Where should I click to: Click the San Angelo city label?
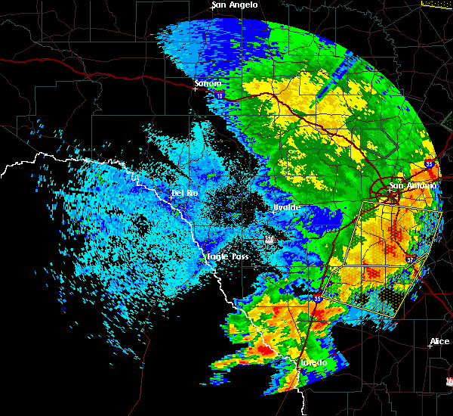[x=234, y=5]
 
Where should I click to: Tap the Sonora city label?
[x=207, y=83]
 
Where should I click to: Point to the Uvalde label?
[x=287, y=207]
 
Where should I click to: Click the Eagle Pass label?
[x=228, y=257]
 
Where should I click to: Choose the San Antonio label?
[x=412, y=185]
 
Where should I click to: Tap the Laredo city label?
[x=313, y=363]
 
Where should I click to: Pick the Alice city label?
[x=439, y=342]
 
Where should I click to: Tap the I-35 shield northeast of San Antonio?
[x=429, y=163]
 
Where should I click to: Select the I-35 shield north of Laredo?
[x=318, y=298]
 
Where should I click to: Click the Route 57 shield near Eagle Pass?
[x=269, y=239]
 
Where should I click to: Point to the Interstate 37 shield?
[x=410, y=259]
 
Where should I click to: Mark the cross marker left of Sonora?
[x=195, y=88]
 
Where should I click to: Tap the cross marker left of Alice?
[x=429, y=346]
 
